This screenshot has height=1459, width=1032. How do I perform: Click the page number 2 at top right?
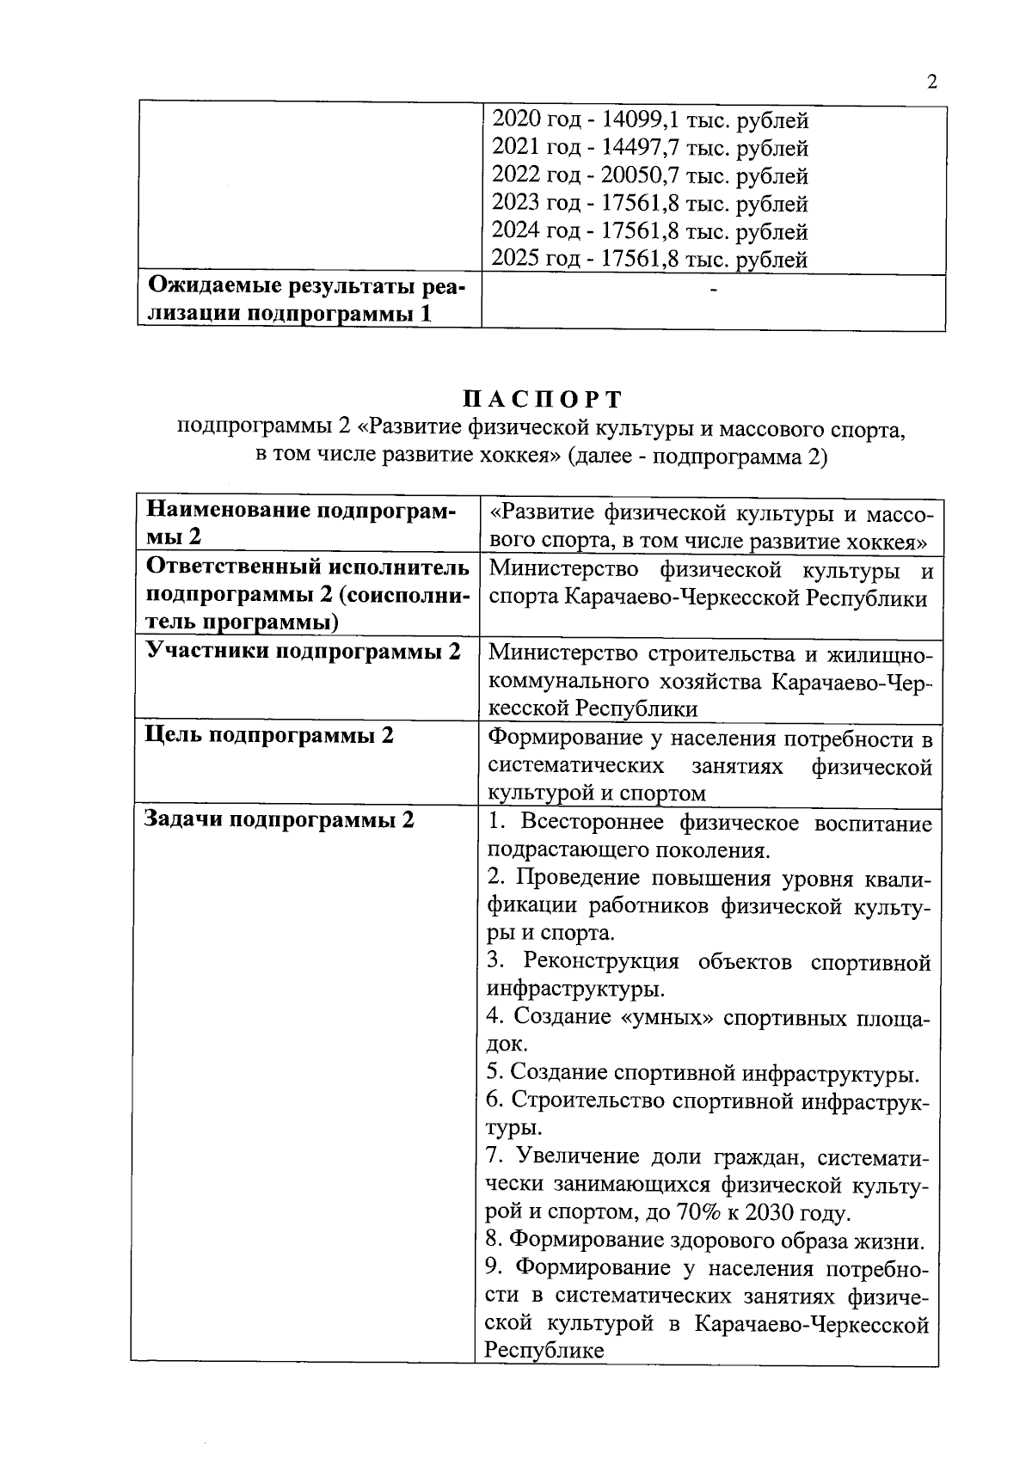pyautogui.click(x=931, y=83)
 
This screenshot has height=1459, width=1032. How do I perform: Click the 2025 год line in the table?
pyautogui.click(x=649, y=259)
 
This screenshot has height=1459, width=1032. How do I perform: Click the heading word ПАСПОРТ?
pyautogui.click(x=541, y=400)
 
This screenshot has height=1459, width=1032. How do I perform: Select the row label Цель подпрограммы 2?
pyautogui.click(x=270, y=736)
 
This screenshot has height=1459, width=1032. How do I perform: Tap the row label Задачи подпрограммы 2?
pyautogui.click(x=279, y=819)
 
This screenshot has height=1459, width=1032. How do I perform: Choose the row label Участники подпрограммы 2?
pyautogui.click(x=304, y=651)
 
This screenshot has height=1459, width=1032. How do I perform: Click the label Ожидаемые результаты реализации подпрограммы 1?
pyautogui.click(x=305, y=299)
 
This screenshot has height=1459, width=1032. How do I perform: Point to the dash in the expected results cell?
pyautogui.click(x=713, y=293)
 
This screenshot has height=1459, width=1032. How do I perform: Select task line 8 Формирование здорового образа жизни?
pyautogui.click(x=706, y=1241)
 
